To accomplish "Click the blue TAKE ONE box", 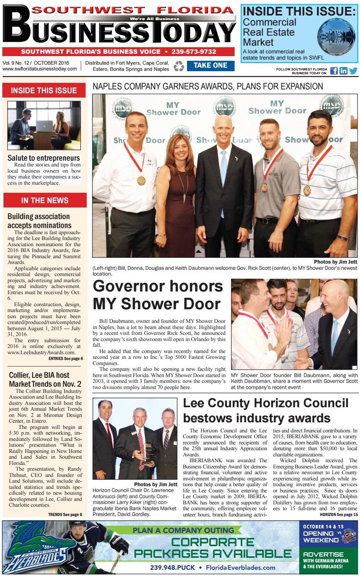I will click(210, 65).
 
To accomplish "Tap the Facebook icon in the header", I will click(334, 71).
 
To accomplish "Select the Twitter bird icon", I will click(353, 71).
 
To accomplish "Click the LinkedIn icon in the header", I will click(343, 71).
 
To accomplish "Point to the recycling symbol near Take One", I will click(178, 67).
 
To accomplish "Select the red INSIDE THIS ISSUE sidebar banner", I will click(43, 91).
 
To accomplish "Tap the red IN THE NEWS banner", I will click(43, 201).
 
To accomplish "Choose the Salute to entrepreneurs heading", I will click(43, 158).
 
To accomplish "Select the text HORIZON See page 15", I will click(339, 514).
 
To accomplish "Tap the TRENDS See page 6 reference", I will click(65, 514).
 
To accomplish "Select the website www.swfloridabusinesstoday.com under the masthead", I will click(39, 69).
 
